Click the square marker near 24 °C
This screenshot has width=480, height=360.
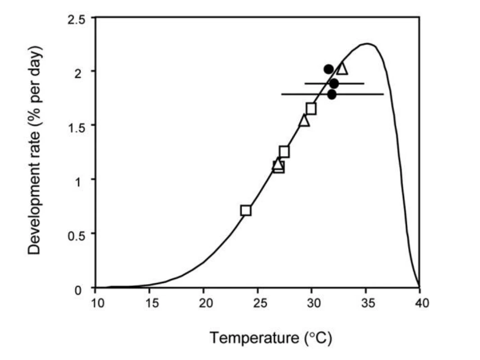click(246, 210)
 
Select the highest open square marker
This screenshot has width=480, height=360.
click(311, 108)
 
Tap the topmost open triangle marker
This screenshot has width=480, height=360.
click(342, 69)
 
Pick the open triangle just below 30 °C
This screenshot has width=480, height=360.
click(304, 120)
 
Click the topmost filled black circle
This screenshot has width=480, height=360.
click(329, 70)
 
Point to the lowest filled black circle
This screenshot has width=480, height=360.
click(332, 95)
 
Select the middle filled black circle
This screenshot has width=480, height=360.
click(334, 84)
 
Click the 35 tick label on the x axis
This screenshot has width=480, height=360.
click(367, 303)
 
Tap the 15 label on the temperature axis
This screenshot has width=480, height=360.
click(152, 303)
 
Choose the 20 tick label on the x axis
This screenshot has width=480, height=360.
click(206, 303)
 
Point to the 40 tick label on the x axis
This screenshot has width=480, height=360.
click(422, 303)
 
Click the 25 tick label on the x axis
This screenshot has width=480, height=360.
click(260, 303)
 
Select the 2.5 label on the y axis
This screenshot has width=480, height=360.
click(75, 20)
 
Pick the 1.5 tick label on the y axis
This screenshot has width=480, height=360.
click(75, 127)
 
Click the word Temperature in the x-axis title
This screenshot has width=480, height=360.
click(254, 338)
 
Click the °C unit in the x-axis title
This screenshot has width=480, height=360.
click(318, 338)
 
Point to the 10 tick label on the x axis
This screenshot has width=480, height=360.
click(98, 303)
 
